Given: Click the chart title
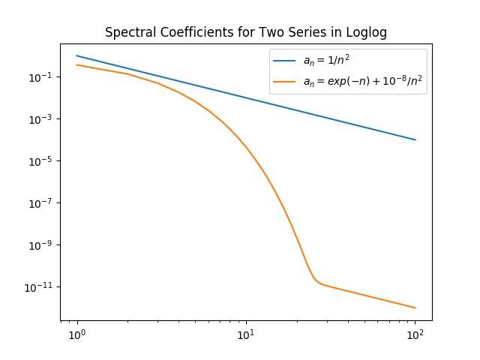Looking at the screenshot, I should point(245,33).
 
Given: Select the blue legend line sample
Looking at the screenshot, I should point(284,61).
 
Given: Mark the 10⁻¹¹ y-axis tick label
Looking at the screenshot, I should point(38,287).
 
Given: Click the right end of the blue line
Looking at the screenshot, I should point(415,139).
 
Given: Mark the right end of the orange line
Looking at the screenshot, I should point(415,307).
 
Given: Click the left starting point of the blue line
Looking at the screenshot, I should point(76,55).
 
